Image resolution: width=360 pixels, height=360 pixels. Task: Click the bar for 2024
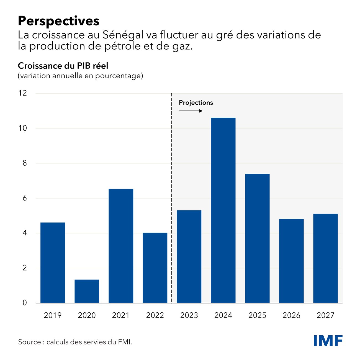pos(223,210)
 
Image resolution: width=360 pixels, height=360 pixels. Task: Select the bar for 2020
pos(87,291)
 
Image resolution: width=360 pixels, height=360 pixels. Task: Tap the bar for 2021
pos(121,246)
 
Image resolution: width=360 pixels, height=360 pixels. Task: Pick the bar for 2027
pos(325,258)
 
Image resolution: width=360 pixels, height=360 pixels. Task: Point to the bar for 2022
pos(155,268)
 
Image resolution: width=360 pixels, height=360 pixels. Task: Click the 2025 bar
pos(257,238)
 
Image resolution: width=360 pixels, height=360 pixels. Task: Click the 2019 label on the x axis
pos(53,315)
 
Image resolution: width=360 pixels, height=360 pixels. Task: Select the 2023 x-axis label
pos(189,315)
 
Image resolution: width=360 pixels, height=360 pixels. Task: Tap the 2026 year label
pos(291,315)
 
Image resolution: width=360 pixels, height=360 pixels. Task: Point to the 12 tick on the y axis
pos(23,93)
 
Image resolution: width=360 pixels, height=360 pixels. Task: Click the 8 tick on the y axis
pos(25,163)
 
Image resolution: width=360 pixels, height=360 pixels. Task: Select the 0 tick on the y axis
pos(25,303)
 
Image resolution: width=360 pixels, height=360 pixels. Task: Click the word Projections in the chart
pos(196,103)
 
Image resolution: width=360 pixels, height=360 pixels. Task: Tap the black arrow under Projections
pos(191,111)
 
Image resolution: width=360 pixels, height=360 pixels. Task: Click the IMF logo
pos(328,341)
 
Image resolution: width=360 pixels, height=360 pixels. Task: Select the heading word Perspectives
pos(58,21)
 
